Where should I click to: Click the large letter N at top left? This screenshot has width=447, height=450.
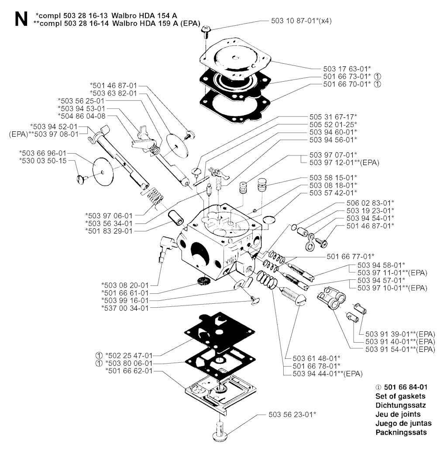(x=21, y=19)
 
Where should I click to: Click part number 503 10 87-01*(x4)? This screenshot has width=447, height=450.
(x=301, y=21)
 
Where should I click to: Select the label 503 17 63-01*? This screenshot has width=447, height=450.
(x=347, y=69)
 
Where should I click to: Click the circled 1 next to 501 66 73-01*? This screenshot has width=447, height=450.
(x=378, y=77)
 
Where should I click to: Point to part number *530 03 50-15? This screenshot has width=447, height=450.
(x=43, y=161)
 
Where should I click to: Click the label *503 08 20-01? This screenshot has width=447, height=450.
(x=125, y=285)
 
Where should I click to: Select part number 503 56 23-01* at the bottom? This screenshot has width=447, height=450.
(x=292, y=414)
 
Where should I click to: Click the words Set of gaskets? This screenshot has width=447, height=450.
(x=400, y=396)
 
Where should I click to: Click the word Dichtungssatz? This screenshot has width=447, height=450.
(x=401, y=405)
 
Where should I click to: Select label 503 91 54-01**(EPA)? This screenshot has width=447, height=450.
(x=400, y=349)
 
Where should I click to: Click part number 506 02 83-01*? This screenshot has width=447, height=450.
(x=370, y=203)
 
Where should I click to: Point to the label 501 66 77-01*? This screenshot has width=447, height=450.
(x=351, y=256)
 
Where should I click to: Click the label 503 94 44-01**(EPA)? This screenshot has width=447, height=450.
(x=327, y=374)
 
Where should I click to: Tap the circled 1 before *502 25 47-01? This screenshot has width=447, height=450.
(x=99, y=356)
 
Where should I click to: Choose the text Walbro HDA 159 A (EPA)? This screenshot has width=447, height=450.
(x=156, y=24)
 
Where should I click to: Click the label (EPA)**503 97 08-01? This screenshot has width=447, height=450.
(x=44, y=134)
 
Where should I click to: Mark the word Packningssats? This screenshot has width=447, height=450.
(x=401, y=433)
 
